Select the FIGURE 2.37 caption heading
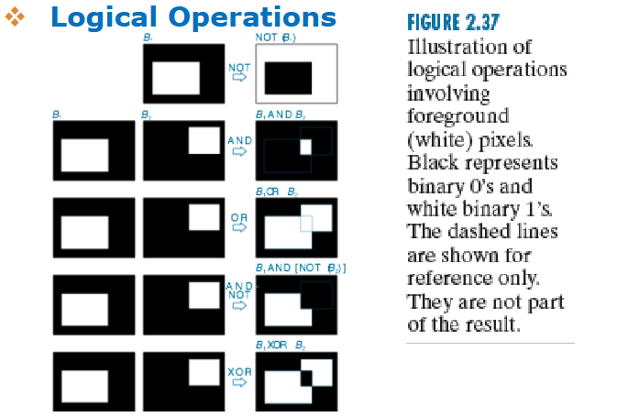[447, 22]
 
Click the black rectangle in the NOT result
[289, 78]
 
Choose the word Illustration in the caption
[457, 47]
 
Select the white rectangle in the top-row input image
[176, 78]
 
